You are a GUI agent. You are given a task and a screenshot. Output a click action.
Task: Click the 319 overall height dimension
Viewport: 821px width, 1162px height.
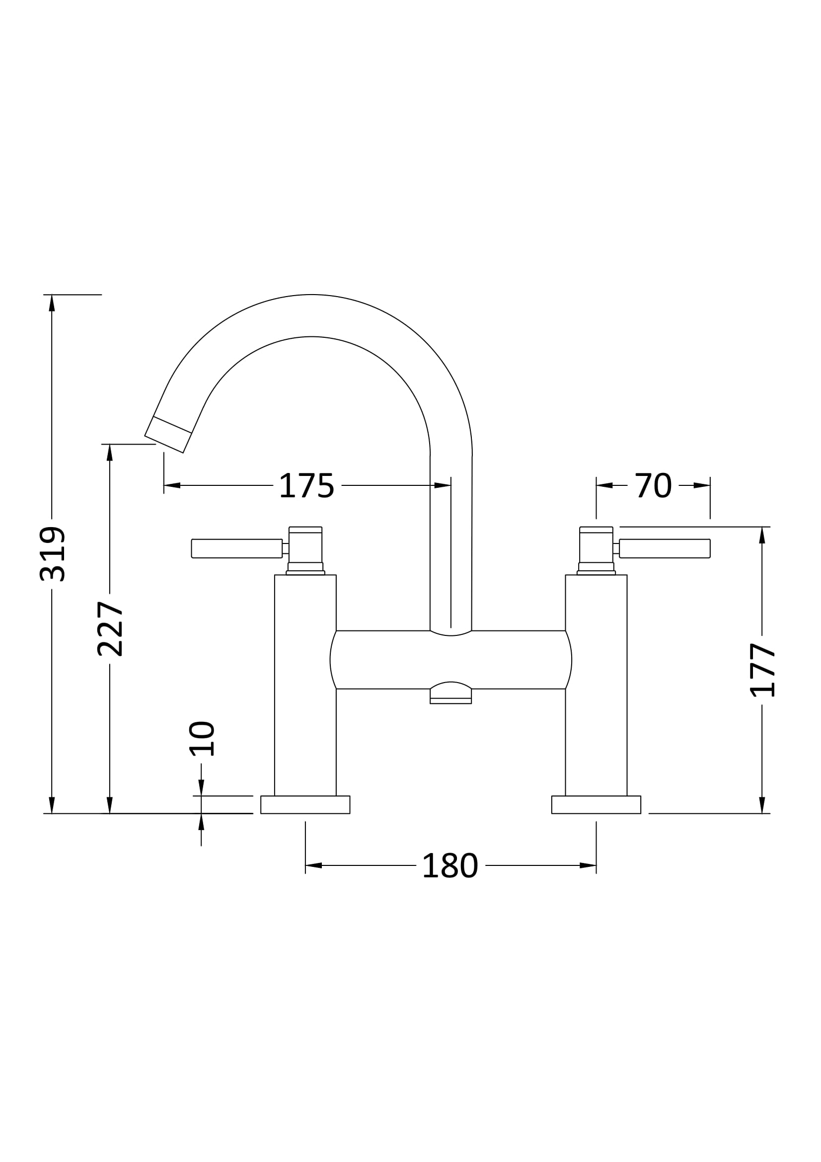click(52, 554)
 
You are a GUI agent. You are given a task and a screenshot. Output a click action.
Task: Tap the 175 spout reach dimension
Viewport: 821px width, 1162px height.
click(306, 486)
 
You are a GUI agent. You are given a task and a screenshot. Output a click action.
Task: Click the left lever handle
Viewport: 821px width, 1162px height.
click(236, 548)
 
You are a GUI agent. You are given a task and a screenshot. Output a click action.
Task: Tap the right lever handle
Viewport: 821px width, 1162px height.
click(665, 548)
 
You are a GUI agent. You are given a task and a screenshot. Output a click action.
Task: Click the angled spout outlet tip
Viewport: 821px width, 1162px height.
click(168, 435)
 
